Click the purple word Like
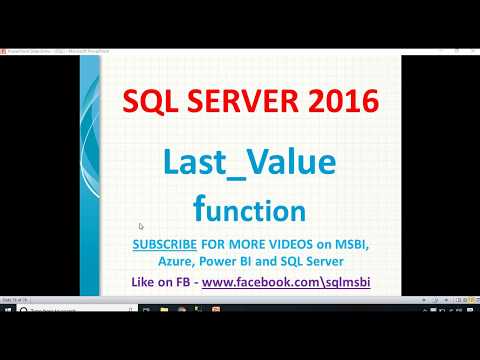(x=144, y=282)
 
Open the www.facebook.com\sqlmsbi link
(x=286, y=282)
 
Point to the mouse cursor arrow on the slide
(x=141, y=227)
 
